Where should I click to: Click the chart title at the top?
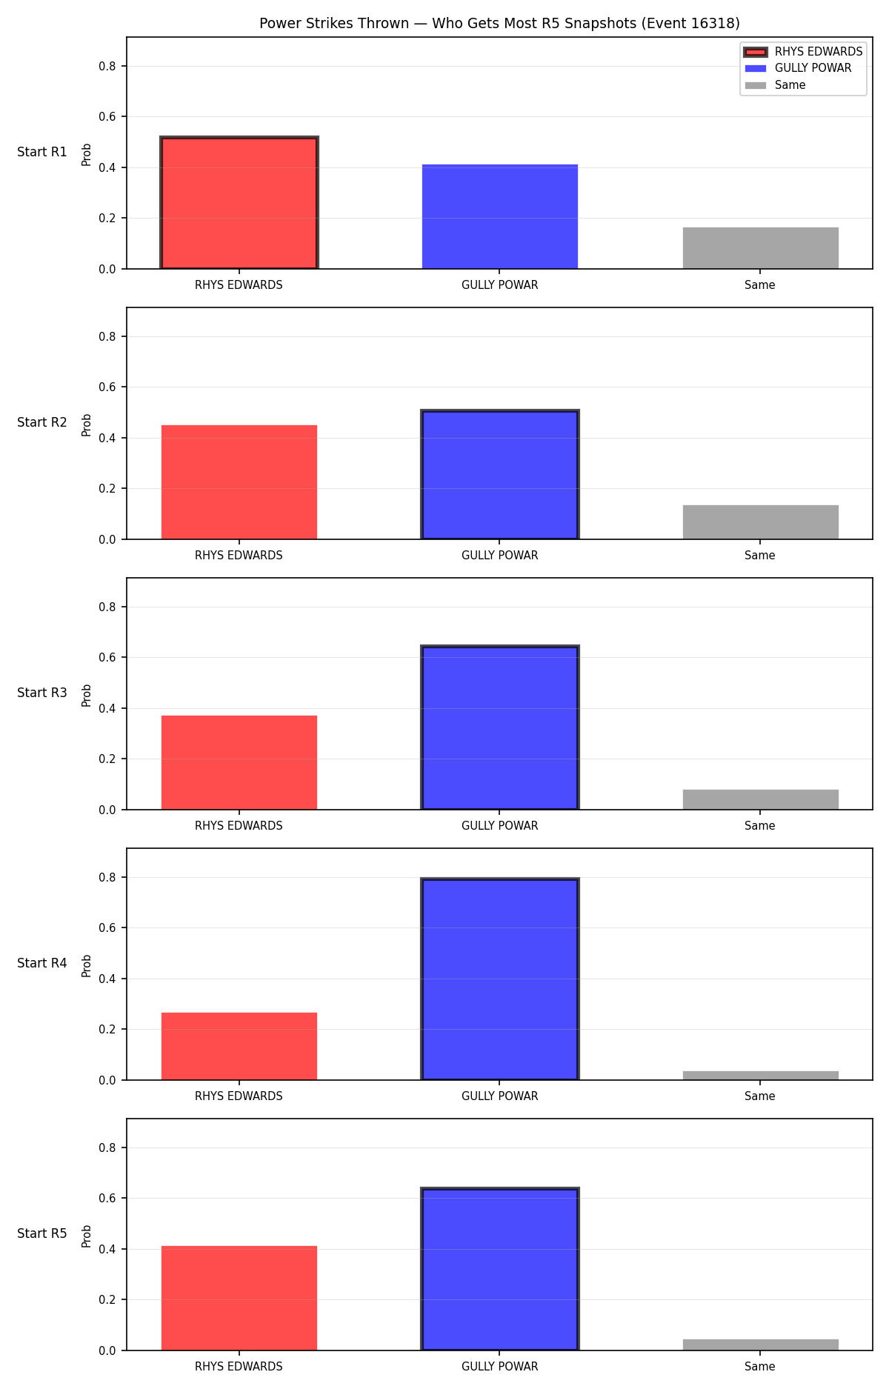(499, 24)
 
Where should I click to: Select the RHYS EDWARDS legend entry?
(803, 52)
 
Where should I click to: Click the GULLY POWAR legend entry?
(798, 68)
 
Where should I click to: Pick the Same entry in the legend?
(775, 85)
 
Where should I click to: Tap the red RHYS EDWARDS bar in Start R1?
(239, 203)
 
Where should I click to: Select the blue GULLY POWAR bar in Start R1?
(500, 216)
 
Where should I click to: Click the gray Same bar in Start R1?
(761, 248)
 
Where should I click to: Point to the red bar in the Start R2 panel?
(239, 482)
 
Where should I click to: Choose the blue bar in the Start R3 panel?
(500, 727)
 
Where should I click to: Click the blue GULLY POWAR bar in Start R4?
(500, 979)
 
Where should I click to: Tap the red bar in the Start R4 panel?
(239, 1046)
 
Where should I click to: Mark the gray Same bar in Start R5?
(761, 1345)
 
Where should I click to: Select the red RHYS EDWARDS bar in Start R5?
(239, 1298)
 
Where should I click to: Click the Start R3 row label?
(42, 693)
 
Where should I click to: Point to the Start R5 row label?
(42, 1233)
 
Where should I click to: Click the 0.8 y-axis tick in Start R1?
(107, 66)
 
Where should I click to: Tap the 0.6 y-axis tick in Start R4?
(107, 927)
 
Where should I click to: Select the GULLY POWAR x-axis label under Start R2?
(500, 556)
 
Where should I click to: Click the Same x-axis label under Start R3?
(760, 826)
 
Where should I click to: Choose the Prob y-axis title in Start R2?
(87, 425)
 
